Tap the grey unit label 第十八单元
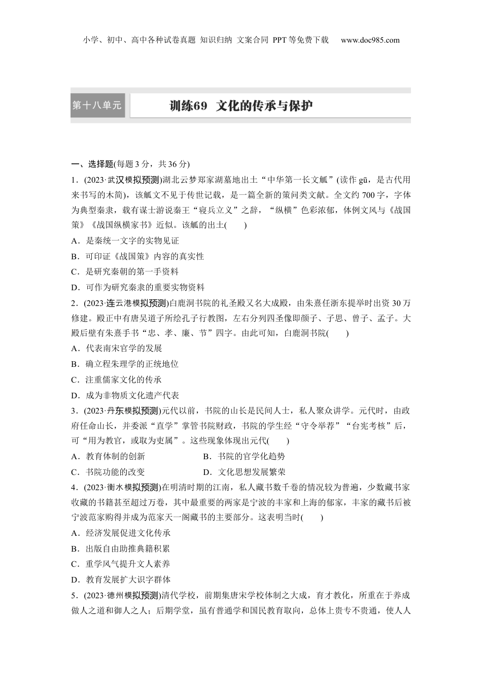tap(97, 106)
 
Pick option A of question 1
tap(125, 241)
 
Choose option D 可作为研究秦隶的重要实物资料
tap(138, 287)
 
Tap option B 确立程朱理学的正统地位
tap(125, 364)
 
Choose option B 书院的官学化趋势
tap(244, 456)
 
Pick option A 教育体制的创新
tap(109, 456)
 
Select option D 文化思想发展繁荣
tap(244, 472)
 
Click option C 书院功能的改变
tap(109, 472)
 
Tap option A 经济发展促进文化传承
tap(121, 533)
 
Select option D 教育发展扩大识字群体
tap(121, 579)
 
